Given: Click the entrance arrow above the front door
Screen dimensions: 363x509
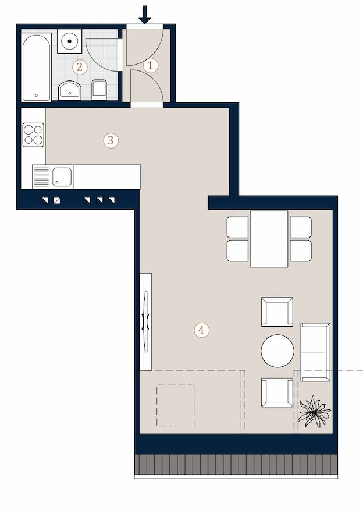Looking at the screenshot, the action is tap(144, 15).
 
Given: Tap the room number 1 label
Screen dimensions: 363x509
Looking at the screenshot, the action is tap(150, 66).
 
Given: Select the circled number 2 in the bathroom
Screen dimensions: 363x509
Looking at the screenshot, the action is tap(80, 68).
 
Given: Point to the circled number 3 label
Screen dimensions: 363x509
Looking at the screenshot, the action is tap(111, 141).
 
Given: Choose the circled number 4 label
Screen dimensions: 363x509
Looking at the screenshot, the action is tap(201, 330).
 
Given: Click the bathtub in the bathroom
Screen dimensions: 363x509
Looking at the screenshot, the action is tap(36, 67).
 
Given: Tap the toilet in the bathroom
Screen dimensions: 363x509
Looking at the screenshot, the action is tap(99, 90).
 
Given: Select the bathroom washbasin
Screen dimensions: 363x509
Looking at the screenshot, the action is tap(70, 90).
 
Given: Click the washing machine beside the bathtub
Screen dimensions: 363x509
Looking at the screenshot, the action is tap(69, 41).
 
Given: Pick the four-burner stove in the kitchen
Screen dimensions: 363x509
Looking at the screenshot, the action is tap(33, 135).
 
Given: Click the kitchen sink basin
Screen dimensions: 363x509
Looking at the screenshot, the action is tap(62, 177).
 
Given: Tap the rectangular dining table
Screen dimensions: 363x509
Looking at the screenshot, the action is tap(269, 239).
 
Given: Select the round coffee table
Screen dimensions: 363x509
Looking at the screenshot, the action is tap(277, 351).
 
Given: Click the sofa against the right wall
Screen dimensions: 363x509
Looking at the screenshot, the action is tap(315, 352).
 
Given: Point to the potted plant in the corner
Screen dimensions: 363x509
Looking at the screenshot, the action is tap(314, 411).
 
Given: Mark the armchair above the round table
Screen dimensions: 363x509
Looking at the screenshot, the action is tap(277, 312).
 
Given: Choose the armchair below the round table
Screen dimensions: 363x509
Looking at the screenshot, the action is tap(277, 393).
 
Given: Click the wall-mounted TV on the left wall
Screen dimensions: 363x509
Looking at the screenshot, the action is tap(146, 321).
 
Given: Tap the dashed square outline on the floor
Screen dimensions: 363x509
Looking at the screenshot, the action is tap(176, 405).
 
